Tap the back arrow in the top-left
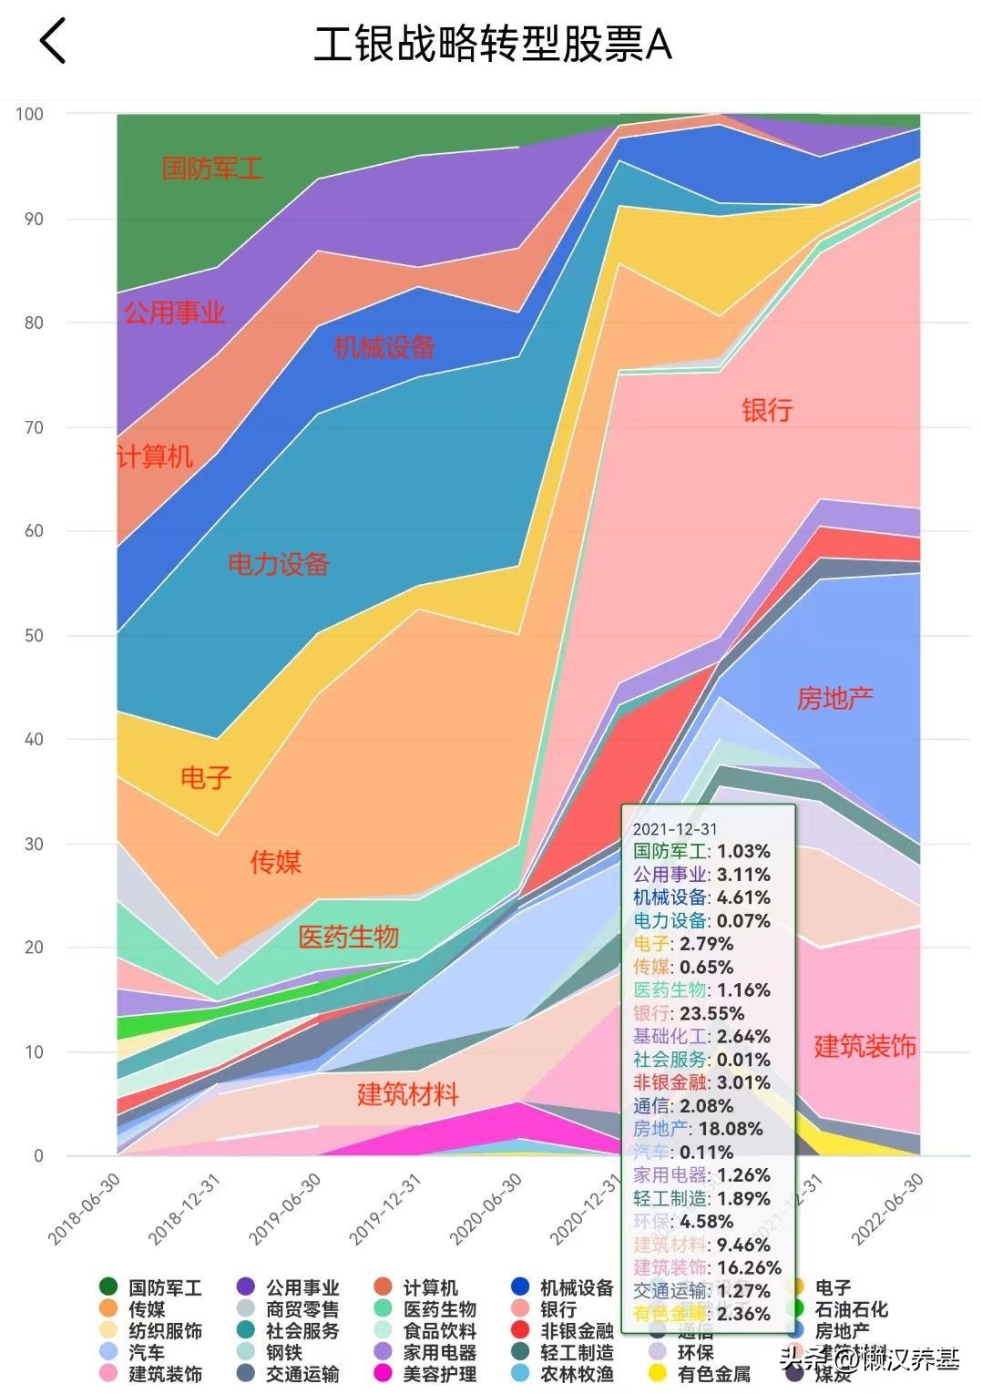pos(53,42)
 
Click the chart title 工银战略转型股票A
pos(492,44)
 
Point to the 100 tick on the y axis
pos(29,114)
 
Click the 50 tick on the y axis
pos(34,635)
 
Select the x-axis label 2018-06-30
pos(85,1208)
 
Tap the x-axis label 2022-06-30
pos(887,1208)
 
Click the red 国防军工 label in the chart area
pos(212,169)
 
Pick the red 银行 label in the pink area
pos(767,410)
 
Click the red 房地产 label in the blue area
pos(834,699)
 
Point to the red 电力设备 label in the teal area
pos(278,564)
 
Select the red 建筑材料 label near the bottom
pos(407,1094)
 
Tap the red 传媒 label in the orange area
pos(275,862)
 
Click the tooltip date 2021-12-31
pos(675,829)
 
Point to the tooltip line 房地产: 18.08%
pos(698,1129)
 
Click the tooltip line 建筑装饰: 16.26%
pos(707,1267)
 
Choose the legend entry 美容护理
pos(439,1373)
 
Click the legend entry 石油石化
pos(851,1309)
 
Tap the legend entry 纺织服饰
pos(165,1331)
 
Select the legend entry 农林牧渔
pos(577,1373)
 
